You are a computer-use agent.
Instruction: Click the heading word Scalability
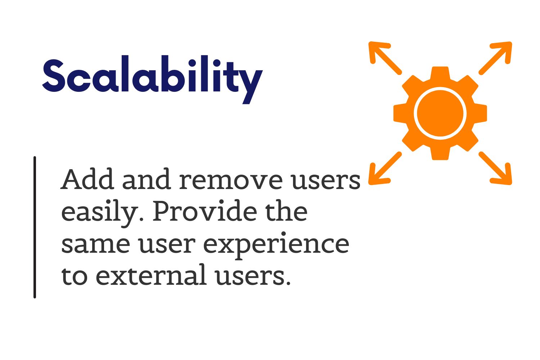point(152,80)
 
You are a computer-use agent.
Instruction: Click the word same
point(96,244)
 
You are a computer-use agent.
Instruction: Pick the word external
point(151,275)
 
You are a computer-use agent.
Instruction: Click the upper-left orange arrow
point(385,58)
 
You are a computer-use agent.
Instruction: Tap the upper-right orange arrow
point(495,58)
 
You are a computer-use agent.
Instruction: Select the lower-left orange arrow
point(385,168)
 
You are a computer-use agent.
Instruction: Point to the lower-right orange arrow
point(495,168)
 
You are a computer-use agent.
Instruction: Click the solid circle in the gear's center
point(440,113)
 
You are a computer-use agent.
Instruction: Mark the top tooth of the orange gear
point(440,73)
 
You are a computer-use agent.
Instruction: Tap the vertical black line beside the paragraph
point(35,227)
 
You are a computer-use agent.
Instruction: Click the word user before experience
point(167,244)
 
